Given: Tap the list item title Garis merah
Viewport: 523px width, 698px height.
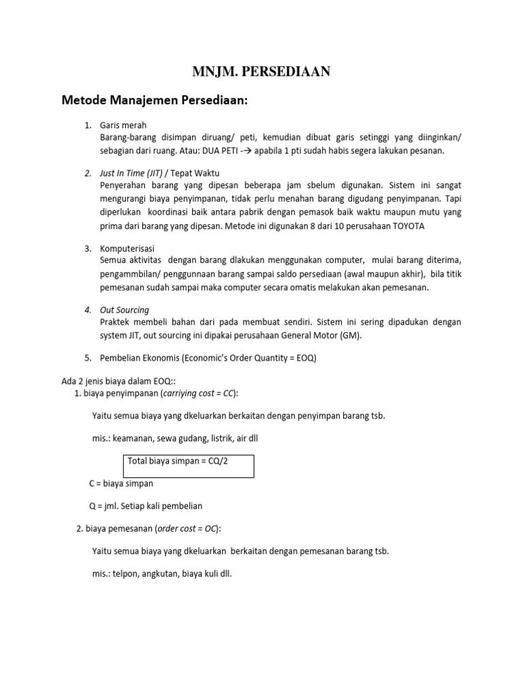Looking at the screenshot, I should [123, 125].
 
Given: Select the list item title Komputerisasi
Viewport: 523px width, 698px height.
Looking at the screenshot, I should [127, 248].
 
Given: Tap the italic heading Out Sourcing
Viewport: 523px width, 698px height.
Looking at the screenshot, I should [124, 309].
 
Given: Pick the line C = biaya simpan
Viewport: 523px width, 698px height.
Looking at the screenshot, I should [121, 483].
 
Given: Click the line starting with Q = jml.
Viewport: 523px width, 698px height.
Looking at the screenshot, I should [146, 506].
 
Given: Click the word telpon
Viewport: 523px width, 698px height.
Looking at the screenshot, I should [123, 573].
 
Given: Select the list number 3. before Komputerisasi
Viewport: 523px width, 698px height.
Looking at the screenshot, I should [88, 248].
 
